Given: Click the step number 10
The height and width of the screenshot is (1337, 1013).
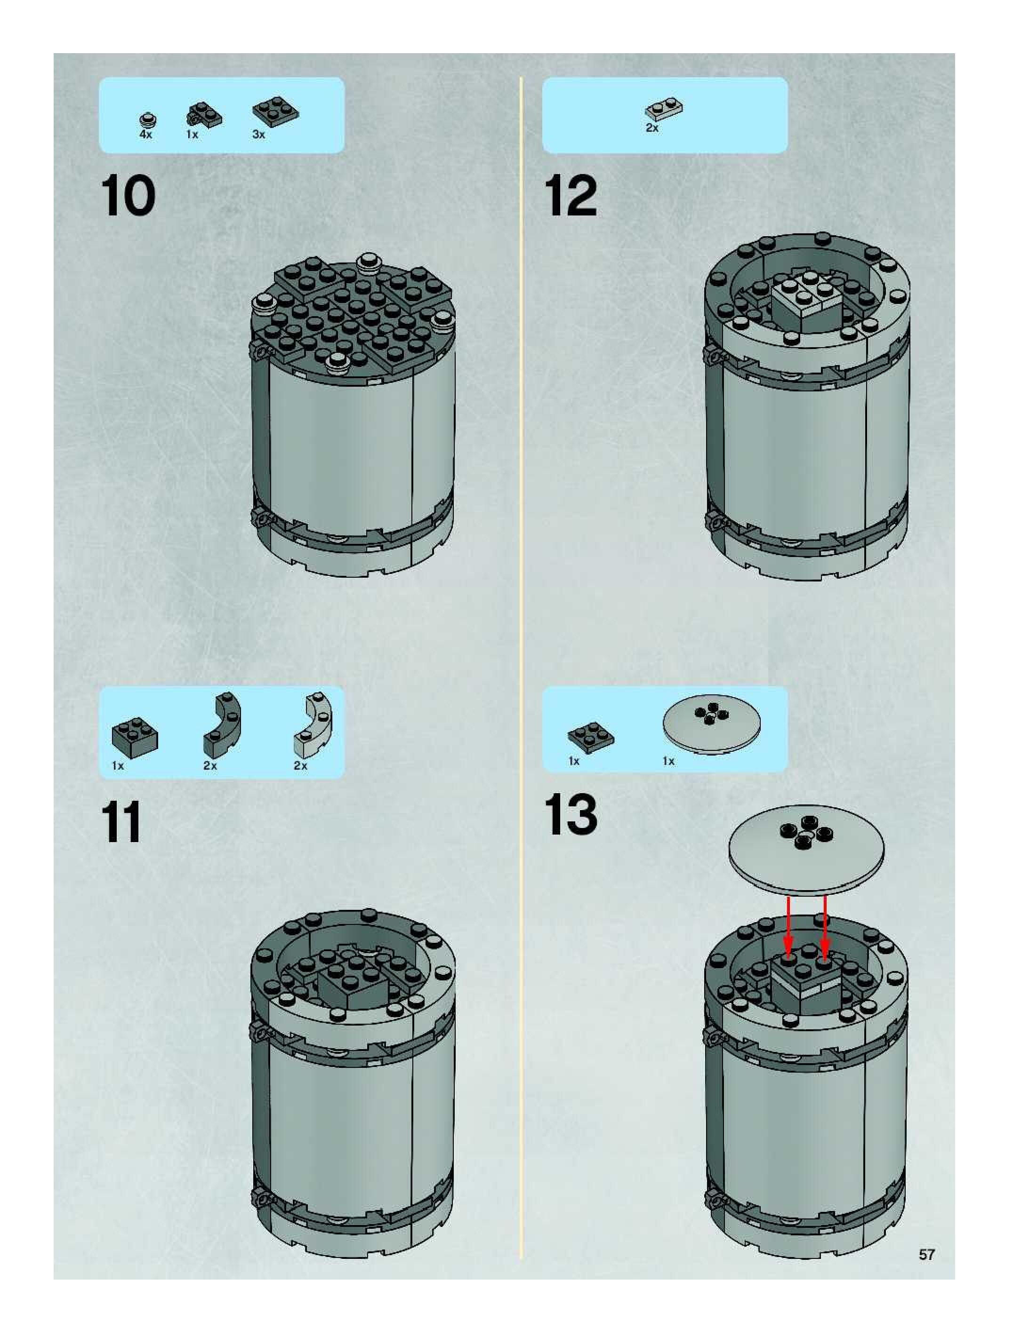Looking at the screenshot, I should pyautogui.click(x=128, y=195).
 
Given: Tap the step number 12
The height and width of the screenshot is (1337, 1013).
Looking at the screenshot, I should pyautogui.click(x=571, y=195).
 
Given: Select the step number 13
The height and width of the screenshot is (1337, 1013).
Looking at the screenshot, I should pyautogui.click(x=571, y=814).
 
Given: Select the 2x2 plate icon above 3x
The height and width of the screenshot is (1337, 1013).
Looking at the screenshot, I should pyautogui.click(x=275, y=111).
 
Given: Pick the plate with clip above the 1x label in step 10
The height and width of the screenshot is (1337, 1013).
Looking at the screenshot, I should pyautogui.click(x=204, y=115).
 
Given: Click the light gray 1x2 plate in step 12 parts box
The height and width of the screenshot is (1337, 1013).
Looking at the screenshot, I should pyautogui.click(x=664, y=109).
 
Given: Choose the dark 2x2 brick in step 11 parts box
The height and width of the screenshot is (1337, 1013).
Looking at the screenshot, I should pyautogui.click(x=135, y=737).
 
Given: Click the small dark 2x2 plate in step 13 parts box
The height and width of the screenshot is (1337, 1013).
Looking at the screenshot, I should pyautogui.click(x=590, y=735).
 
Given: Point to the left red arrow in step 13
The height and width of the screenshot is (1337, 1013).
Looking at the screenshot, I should pyautogui.click(x=788, y=925).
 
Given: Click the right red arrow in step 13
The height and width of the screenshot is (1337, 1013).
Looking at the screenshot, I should pyautogui.click(x=825, y=925).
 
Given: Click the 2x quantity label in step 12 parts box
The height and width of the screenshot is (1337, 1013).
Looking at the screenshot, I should pyautogui.click(x=652, y=128).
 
